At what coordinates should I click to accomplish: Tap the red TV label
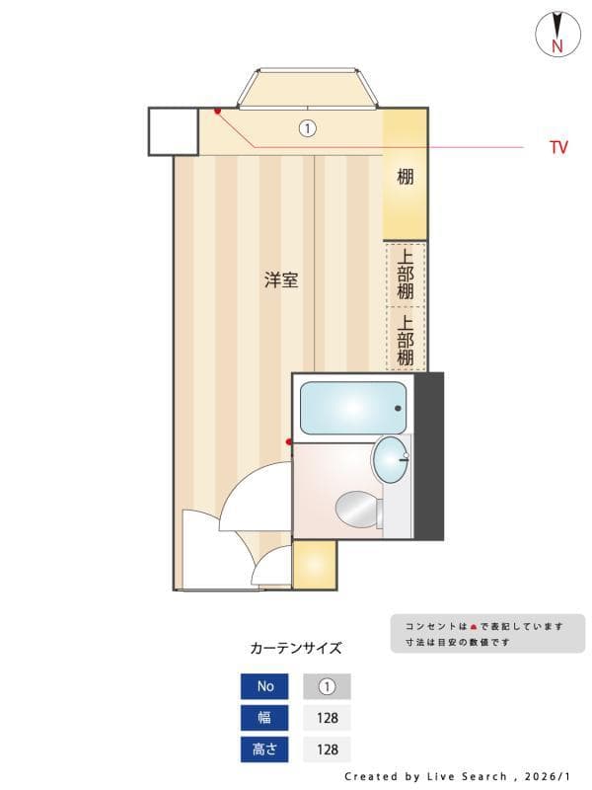point(558,148)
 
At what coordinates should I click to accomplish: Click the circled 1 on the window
point(307,128)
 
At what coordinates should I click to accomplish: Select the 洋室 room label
point(281,280)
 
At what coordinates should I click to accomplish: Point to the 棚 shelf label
point(405,178)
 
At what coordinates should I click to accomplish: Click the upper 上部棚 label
point(406,273)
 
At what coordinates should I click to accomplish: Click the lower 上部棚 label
point(406,339)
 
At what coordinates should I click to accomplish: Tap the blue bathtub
point(352,408)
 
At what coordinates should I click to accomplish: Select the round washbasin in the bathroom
point(391,459)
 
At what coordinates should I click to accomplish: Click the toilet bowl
point(356,511)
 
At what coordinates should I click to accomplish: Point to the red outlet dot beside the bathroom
point(289,441)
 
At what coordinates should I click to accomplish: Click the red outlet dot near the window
point(217,112)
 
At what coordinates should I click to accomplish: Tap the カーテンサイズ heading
point(296,648)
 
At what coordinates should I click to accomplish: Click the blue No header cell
point(264,686)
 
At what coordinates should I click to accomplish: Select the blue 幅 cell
point(264,718)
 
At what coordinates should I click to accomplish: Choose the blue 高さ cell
point(264,750)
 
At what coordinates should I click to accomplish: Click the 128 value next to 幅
point(327,718)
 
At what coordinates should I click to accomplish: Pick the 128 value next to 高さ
point(327,750)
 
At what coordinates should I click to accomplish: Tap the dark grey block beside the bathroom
point(429,455)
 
